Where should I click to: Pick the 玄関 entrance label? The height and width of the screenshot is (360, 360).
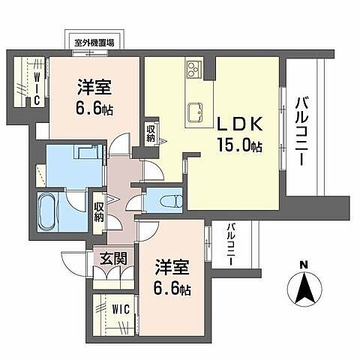coord(113,259)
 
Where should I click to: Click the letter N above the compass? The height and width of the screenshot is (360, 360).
coord(303,265)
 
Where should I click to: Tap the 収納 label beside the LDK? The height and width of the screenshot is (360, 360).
coord(151,135)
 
